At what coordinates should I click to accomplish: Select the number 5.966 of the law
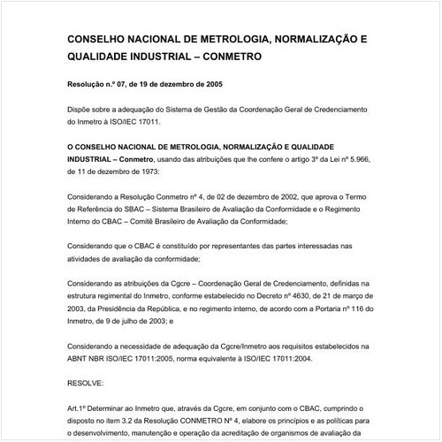click(347, 156)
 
